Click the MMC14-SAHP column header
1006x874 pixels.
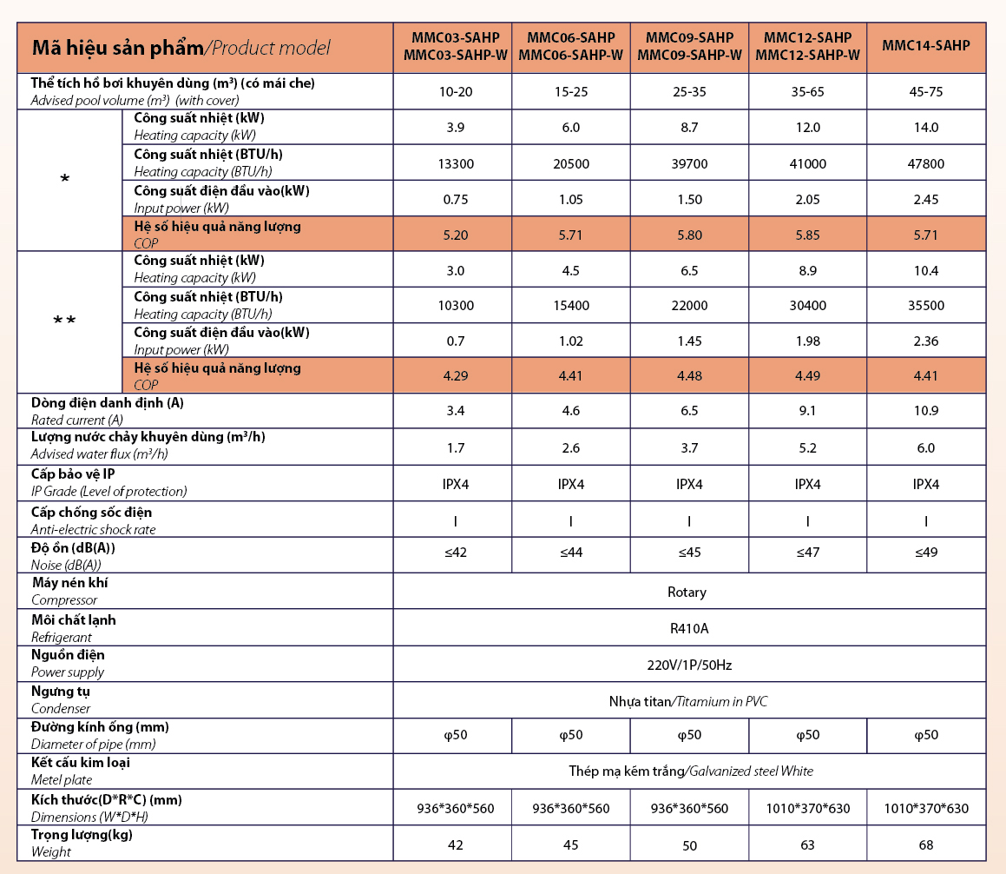point(925,46)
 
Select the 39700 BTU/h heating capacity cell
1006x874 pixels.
point(688,163)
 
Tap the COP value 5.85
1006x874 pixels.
point(807,234)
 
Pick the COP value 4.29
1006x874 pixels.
point(455,376)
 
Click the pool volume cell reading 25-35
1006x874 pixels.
point(688,91)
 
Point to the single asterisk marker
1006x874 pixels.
point(65,180)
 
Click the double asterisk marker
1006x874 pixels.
point(64,321)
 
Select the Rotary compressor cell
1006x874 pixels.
point(687,592)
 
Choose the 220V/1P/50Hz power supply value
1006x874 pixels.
point(689,665)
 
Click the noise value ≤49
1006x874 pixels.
point(925,553)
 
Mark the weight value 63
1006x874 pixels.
point(807,844)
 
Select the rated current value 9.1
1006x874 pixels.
point(807,411)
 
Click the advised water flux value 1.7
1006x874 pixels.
point(455,447)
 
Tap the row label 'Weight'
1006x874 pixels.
point(51,852)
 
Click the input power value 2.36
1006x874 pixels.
point(925,341)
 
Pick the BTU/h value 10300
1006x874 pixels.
point(455,305)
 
